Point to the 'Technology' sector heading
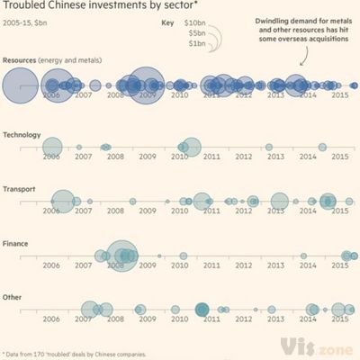coord(22,135)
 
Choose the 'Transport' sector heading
coord(20,190)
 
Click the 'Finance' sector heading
coord(18,244)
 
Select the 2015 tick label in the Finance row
coord(340,265)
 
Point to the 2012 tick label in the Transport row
coord(244,211)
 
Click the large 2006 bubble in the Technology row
coord(52,147)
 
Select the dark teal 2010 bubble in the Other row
coord(202,310)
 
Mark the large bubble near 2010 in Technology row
coord(191,146)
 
